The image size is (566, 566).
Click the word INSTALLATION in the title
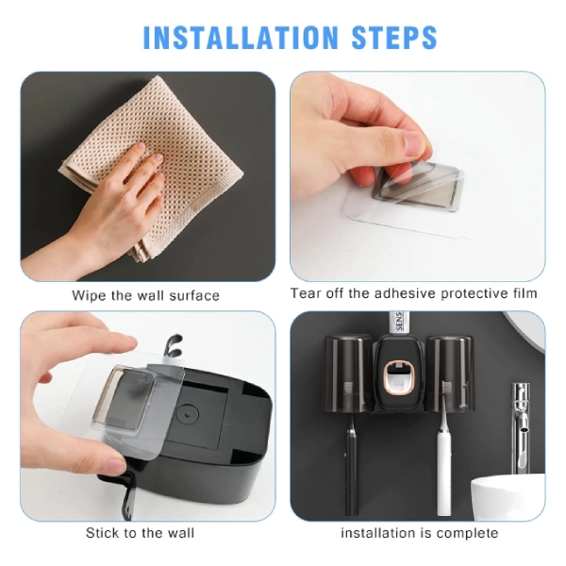pos(240,37)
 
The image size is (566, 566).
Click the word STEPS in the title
pos(393,37)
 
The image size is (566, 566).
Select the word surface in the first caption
pos(194,295)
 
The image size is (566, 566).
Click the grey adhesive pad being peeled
pos(419,185)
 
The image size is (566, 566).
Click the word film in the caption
pos(525,293)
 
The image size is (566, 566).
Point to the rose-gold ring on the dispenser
pos(400,378)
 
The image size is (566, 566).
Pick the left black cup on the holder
pos(348,374)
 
